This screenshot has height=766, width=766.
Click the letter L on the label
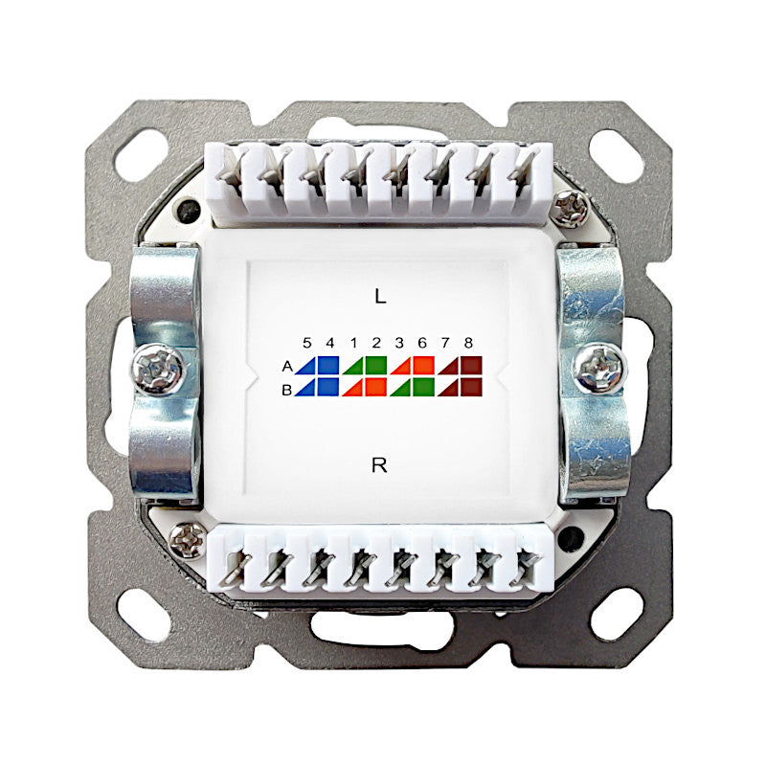380,296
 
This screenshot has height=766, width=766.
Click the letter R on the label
379,465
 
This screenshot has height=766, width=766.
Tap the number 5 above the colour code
306,343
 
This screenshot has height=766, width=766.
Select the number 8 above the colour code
468,343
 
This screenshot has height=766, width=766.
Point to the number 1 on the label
353,343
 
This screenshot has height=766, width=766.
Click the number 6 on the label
422,343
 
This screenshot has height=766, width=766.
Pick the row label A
287,366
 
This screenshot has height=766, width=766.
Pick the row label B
287,390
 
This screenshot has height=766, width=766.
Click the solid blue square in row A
328,366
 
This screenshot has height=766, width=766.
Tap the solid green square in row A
376,366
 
